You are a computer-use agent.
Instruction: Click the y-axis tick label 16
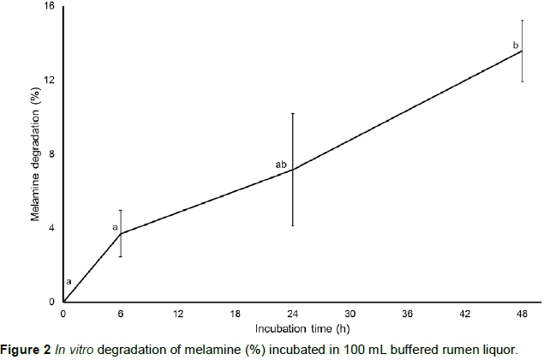coord(49,7)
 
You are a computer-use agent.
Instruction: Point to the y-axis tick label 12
coord(49,81)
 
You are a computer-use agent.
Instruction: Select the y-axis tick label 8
coord(51,154)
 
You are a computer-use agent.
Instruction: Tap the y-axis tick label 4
coord(51,228)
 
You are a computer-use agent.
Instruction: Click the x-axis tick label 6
coord(121,314)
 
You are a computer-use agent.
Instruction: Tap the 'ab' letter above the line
coord(280,164)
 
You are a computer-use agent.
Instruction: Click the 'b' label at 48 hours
coord(515,45)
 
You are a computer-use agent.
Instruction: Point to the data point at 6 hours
coord(121,234)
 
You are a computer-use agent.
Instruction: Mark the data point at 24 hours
coord(293,170)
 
